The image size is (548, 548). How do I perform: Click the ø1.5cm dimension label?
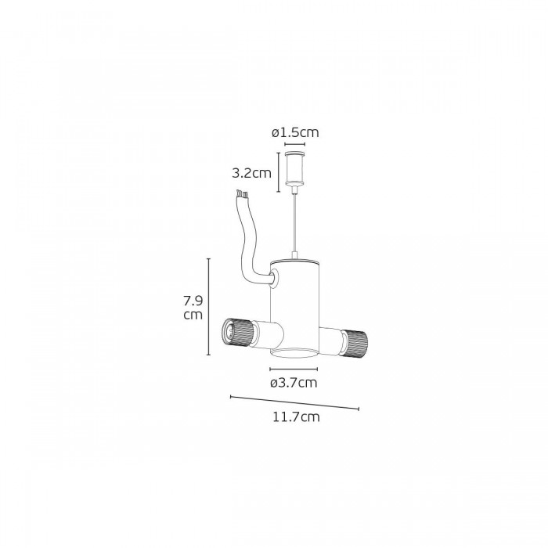[295, 133]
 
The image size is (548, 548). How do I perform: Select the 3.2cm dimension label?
[251, 173]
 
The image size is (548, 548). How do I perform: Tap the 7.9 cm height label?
[193, 308]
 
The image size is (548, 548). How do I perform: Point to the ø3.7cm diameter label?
[294, 383]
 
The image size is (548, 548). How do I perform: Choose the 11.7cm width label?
[297, 417]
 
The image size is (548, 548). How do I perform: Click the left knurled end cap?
[237, 333]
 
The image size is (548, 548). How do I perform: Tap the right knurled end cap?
[354, 344]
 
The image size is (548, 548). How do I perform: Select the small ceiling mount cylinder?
[295, 168]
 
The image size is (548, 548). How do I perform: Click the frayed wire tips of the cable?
[242, 193]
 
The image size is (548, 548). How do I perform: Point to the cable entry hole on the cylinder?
[274, 279]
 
